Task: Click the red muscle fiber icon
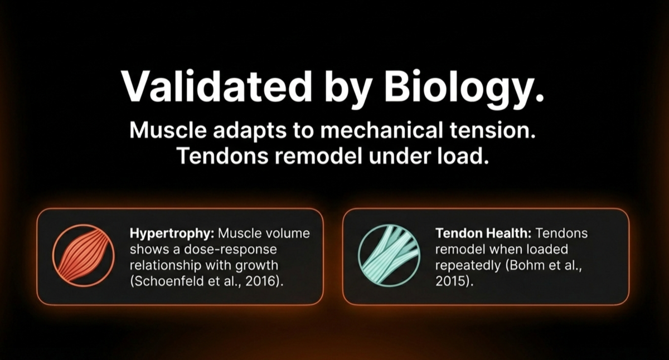(83, 256)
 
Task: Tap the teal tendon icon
(389, 256)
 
